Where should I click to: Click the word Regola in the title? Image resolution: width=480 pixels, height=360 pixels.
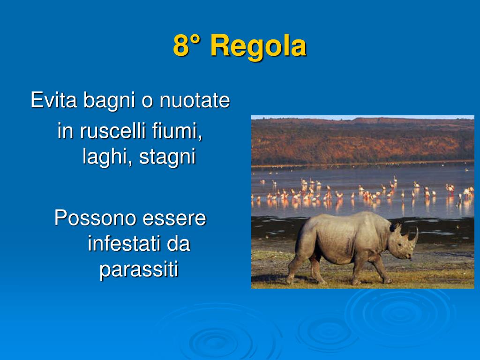(x=258, y=46)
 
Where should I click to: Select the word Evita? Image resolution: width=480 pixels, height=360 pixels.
(x=53, y=100)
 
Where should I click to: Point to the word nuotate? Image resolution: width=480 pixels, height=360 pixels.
(x=195, y=100)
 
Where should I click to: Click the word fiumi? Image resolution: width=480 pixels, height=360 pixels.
(x=177, y=131)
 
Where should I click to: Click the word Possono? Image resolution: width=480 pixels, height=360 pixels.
(x=95, y=217)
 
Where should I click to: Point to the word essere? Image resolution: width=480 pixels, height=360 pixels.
(x=174, y=218)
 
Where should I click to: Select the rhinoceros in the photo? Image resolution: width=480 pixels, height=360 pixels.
(x=352, y=248)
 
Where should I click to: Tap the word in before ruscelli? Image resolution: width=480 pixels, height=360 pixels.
(x=66, y=131)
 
